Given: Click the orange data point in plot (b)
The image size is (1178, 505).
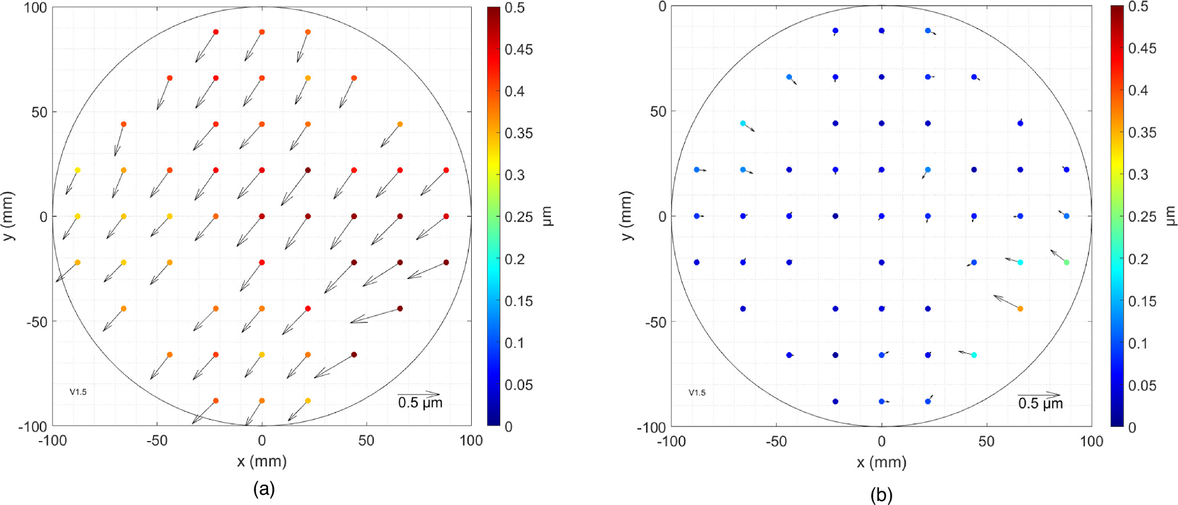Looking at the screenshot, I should pyautogui.click(x=1020, y=309).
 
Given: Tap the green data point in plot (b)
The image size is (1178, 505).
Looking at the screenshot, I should pyautogui.click(x=1066, y=262).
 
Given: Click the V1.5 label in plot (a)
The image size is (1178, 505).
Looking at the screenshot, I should pyautogui.click(x=78, y=392).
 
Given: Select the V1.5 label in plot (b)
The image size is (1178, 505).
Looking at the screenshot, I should pyautogui.click(x=697, y=393).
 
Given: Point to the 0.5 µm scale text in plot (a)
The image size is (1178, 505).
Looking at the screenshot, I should pyautogui.click(x=420, y=403).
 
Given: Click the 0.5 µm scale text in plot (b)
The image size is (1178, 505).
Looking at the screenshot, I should pyautogui.click(x=1040, y=404).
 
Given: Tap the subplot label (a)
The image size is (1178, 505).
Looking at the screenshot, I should pyautogui.click(x=264, y=489).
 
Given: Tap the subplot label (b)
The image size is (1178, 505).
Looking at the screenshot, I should pyautogui.click(x=881, y=495).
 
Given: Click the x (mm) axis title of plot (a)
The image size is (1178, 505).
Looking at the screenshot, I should pyautogui.click(x=262, y=461).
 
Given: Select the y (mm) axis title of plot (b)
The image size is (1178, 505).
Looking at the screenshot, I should pyautogui.click(x=626, y=216).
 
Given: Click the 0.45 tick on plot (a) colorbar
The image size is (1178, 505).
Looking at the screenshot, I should pyautogui.click(x=519, y=50).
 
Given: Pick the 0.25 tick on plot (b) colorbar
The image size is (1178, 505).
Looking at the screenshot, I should pyautogui.click(x=1142, y=217).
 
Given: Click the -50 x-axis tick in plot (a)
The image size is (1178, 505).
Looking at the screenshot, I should pyautogui.click(x=157, y=441).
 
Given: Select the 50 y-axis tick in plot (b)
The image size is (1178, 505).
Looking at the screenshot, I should pyautogui.click(x=658, y=111).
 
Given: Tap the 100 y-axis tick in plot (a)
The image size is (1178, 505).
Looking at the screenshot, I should pyautogui.click(x=35, y=8).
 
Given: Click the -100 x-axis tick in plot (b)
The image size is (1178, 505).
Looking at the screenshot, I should pyautogui.click(x=671, y=441).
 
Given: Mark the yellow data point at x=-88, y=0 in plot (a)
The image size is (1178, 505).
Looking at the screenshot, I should pyautogui.click(x=78, y=216).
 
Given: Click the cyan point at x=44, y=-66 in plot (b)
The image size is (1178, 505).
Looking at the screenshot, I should pyautogui.click(x=974, y=355).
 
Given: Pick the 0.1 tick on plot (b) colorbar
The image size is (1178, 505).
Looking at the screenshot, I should pyautogui.click(x=1137, y=344).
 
